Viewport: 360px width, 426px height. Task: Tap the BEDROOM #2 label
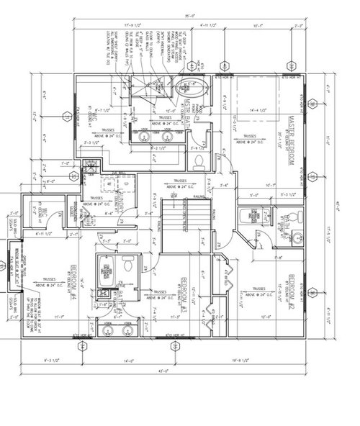point(292,289)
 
